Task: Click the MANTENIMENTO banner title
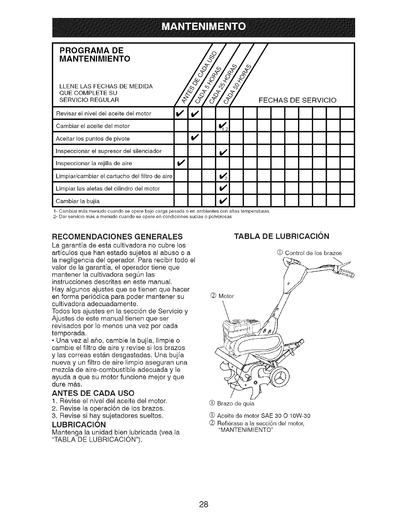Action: [x=203, y=26]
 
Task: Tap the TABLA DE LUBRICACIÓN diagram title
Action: [x=282, y=236]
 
